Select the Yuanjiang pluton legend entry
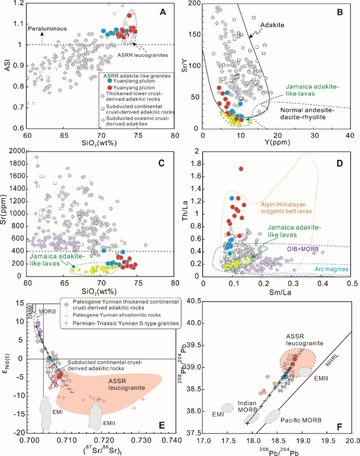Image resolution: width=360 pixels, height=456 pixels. [132, 81]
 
